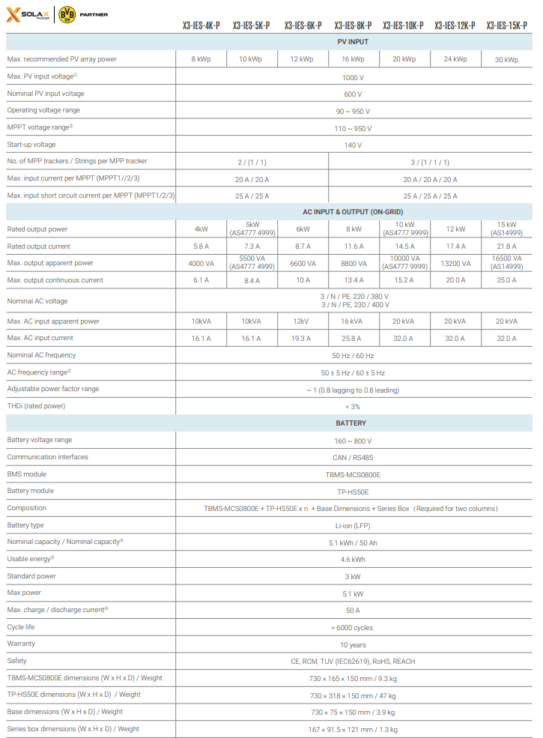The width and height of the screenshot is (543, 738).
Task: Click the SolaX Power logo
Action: (x=28, y=14)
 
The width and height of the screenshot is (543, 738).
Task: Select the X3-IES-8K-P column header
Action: (x=353, y=25)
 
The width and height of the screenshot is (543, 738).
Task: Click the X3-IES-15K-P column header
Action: (x=506, y=25)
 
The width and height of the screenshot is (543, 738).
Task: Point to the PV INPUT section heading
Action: (x=353, y=41)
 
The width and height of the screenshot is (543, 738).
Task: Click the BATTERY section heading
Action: (x=353, y=423)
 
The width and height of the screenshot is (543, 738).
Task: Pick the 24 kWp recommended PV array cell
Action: (x=455, y=59)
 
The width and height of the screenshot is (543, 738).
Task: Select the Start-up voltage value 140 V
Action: (x=353, y=145)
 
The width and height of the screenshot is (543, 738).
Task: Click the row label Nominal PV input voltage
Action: (x=46, y=94)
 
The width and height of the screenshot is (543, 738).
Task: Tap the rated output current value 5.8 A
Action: (x=201, y=246)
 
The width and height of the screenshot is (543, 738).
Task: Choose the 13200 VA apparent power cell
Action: (x=455, y=264)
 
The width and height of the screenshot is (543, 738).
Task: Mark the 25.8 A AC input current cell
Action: (x=353, y=339)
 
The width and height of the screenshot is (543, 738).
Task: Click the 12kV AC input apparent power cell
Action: (x=302, y=321)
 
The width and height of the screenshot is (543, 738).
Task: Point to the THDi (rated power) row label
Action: (x=36, y=406)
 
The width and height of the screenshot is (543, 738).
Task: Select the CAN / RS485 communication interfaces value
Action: (x=353, y=457)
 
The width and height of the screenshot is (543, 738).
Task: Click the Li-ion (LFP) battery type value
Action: (x=353, y=526)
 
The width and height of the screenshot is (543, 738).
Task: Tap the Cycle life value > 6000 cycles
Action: (x=353, y=628)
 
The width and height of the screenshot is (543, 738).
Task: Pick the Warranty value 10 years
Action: (x=353, y=645)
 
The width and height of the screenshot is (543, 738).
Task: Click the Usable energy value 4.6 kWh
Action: (x=353, y=560)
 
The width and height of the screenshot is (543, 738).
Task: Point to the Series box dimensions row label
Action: (x=73, y=729)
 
